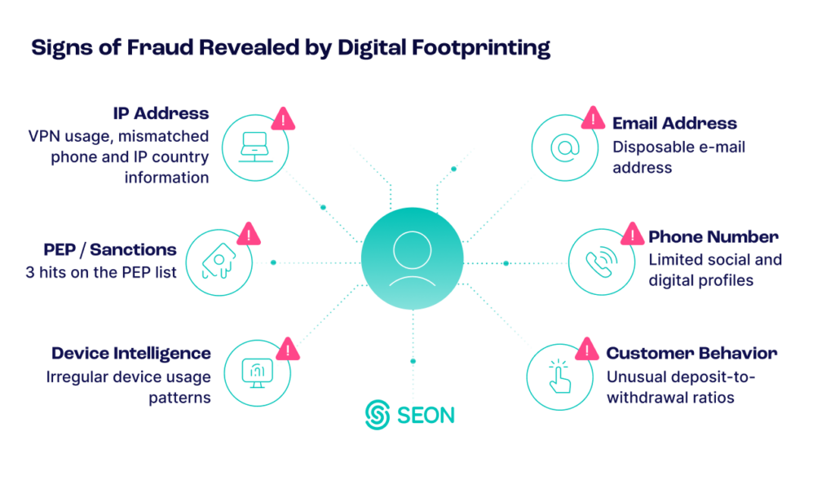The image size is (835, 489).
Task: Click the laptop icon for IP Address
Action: tap(255, 148)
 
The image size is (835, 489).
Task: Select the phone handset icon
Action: tap(601, 262)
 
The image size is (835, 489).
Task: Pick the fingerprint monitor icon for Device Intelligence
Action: tap(256, 372)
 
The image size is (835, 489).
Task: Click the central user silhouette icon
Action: tap(413, 258)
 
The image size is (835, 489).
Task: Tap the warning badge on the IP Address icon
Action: tap(283, 119)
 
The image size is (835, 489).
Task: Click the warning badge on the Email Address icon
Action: tap(593, 119)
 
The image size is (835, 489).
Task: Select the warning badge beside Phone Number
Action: tap(632, 234)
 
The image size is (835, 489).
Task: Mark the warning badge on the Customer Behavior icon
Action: tap(587, 348)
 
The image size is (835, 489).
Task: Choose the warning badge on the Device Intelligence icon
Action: tap(287, 349)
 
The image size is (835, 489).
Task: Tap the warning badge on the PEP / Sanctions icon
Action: tap(250, 234)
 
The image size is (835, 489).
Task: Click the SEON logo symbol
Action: tap(377, 414)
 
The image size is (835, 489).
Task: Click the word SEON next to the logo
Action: tap(426, 415)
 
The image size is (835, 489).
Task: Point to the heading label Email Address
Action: tap(674, 124)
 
